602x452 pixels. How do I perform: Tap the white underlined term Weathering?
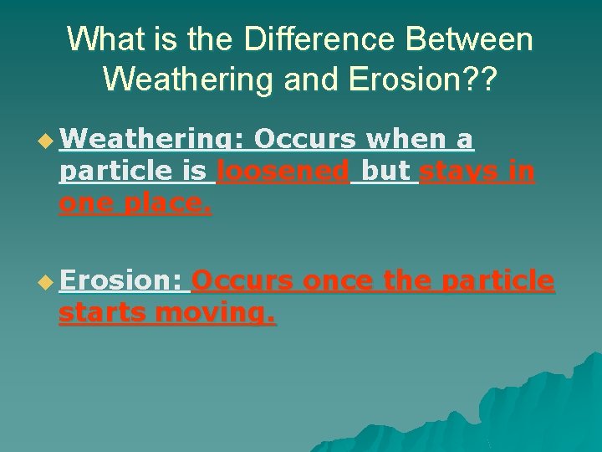pos(150,141)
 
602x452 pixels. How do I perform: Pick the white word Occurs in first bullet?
pos(304,141)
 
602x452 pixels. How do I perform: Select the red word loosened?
pos(283,172)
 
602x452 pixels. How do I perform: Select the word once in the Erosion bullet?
pos(338,282)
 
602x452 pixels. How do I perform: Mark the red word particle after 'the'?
pos(497,282)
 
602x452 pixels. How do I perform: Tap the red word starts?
pos(106,314)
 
